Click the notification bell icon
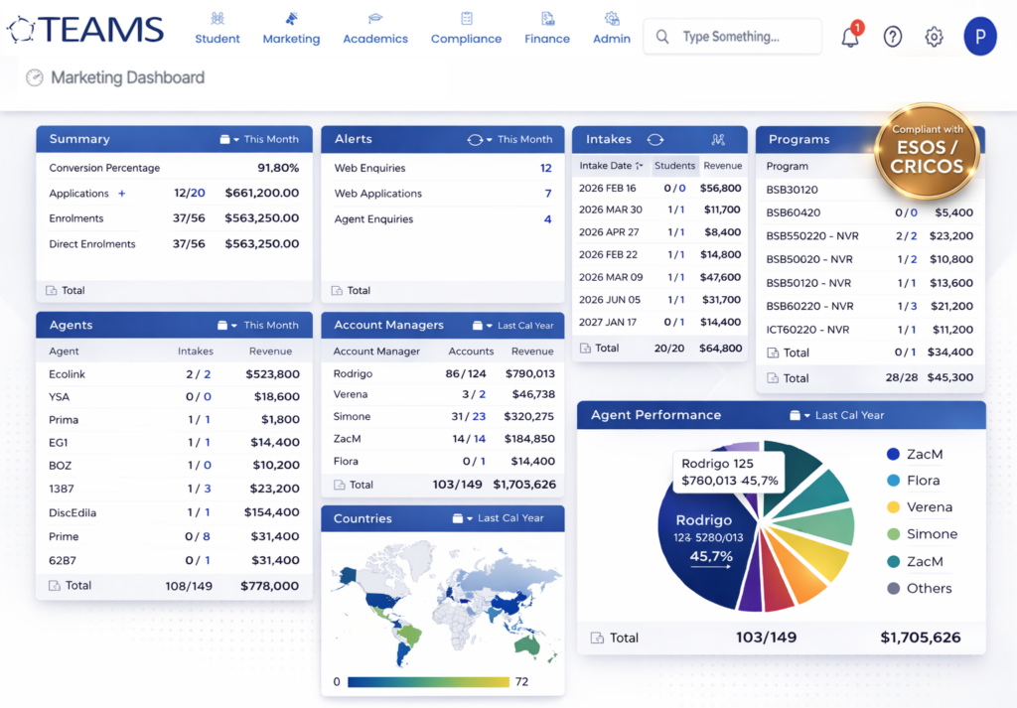(x=850, y=38)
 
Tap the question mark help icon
(x=893, y=37)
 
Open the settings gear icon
(x=934, y=37)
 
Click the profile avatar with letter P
(x=979, y=37)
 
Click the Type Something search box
(x=733, y=37)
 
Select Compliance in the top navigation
(x=466, y=29)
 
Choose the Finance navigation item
(x=547, y=29)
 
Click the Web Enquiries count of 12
(x=545, y=168)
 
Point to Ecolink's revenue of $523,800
(x=272, y=374)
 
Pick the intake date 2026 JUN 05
(x=610, y=300)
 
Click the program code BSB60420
(x=794, y=212)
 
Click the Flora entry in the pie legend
(x=923, y=481)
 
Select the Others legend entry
(x=929, y=588)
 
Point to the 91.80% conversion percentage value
(x=278, y=168)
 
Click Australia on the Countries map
(x=527, y=644)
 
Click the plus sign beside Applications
(x=122, y=194)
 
